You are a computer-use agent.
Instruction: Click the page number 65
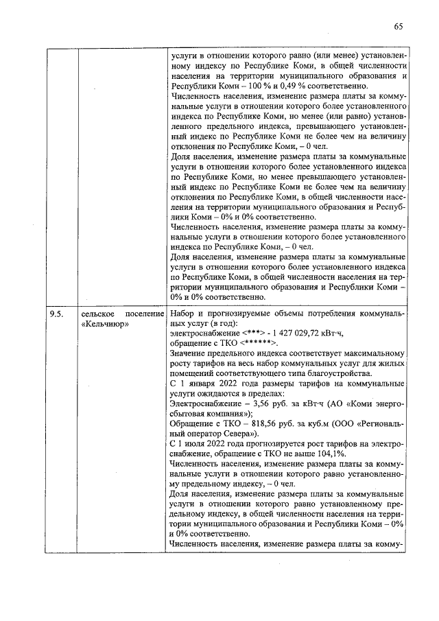point(399,26)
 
